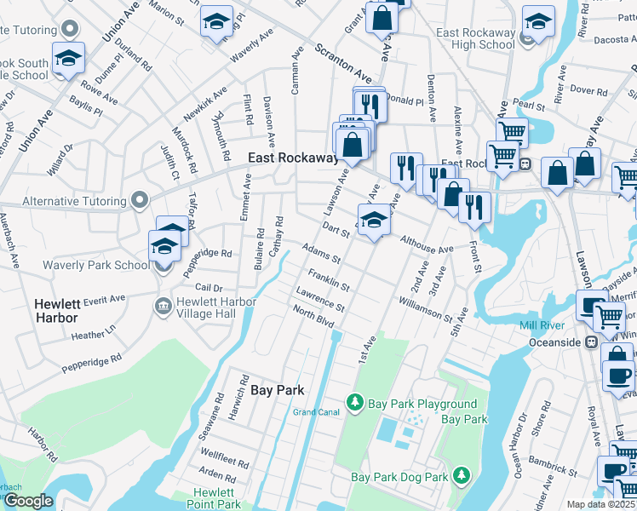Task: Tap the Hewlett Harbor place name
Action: click(55, 311)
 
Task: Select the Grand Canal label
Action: click(316, 412)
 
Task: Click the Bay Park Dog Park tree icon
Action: click(461, 474)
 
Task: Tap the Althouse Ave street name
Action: click(427, 245)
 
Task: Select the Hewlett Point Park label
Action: click(213, 498)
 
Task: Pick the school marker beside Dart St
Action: click(373, 221)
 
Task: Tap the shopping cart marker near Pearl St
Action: click(511, 133)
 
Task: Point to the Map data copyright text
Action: click(600, 504)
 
